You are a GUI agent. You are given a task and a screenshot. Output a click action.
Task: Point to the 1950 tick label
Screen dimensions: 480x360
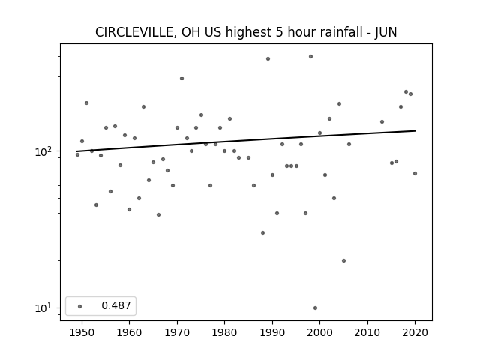[82, 332]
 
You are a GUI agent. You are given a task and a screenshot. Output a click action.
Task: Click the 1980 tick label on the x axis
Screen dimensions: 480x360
[224, 332]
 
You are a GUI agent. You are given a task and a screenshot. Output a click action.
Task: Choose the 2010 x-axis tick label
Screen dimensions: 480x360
[367, 332]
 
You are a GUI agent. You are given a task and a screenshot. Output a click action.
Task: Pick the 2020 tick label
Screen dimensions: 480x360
[415, 332]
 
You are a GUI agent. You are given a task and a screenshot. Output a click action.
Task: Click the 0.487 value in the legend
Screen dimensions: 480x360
[116, 305]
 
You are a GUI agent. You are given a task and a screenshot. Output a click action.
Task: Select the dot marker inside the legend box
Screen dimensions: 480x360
[80, 306]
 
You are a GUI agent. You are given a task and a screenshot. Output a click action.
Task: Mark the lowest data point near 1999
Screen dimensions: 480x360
[315, 307]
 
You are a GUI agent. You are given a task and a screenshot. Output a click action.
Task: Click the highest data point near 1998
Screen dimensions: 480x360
[310, 57]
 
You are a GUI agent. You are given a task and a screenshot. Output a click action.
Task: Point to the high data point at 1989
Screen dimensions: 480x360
[268, 58]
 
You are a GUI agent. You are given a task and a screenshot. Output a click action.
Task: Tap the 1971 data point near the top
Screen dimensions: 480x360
[181, 78]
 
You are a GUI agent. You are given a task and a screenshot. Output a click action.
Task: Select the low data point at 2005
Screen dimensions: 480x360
[343, 260]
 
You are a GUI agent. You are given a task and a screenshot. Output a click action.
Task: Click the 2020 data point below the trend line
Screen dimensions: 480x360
[415, 173]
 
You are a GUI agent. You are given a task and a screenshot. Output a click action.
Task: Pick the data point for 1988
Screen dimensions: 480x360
[262, 233]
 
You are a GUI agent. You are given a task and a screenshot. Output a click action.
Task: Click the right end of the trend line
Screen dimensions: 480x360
[415, 131]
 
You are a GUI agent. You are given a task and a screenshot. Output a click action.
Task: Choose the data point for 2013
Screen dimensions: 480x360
[382, 121]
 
